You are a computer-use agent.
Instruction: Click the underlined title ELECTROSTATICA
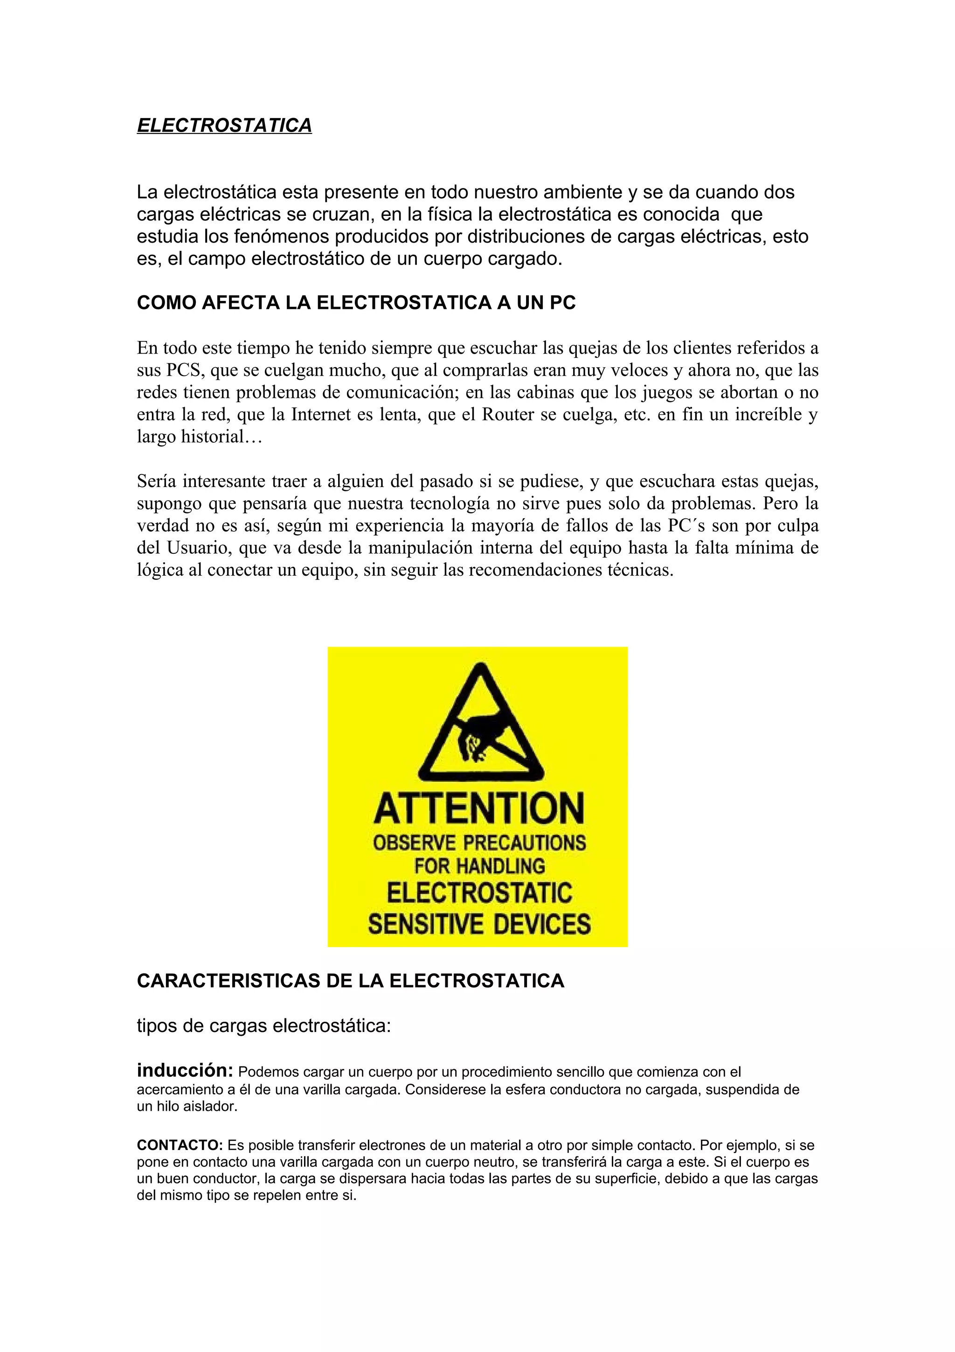[224, 125]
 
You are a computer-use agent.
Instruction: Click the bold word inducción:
[185, 1069]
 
